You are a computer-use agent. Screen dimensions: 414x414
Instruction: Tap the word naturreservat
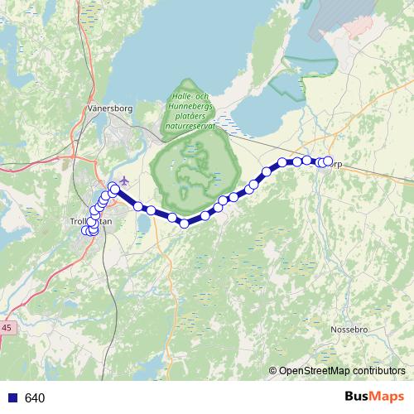coord(190,127)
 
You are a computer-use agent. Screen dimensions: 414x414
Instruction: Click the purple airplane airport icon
coord(124,181)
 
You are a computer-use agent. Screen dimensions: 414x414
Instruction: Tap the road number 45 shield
coord(7,328)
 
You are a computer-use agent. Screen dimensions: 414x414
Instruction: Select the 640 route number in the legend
coord(34,398)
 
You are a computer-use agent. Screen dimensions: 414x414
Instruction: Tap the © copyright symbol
coord(272,370)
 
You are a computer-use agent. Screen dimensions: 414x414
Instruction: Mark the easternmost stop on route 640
coord(328,161)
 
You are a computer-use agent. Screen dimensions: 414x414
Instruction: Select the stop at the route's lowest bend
coord(184,222)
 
